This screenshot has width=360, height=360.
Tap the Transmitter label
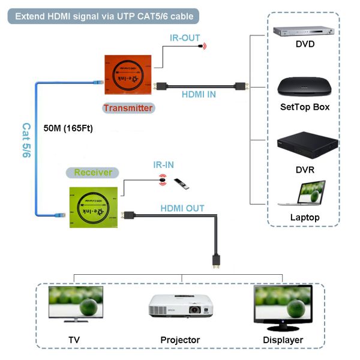click(x=127, y=108)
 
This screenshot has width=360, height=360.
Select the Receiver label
click(x=93, y=173)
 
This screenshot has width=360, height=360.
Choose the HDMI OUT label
click(x=182, y=208)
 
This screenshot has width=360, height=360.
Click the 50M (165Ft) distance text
click(x=68, y=128)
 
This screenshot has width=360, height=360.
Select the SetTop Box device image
click(x=304, y=88)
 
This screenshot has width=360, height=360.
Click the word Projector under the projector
click(x=180, y=340)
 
